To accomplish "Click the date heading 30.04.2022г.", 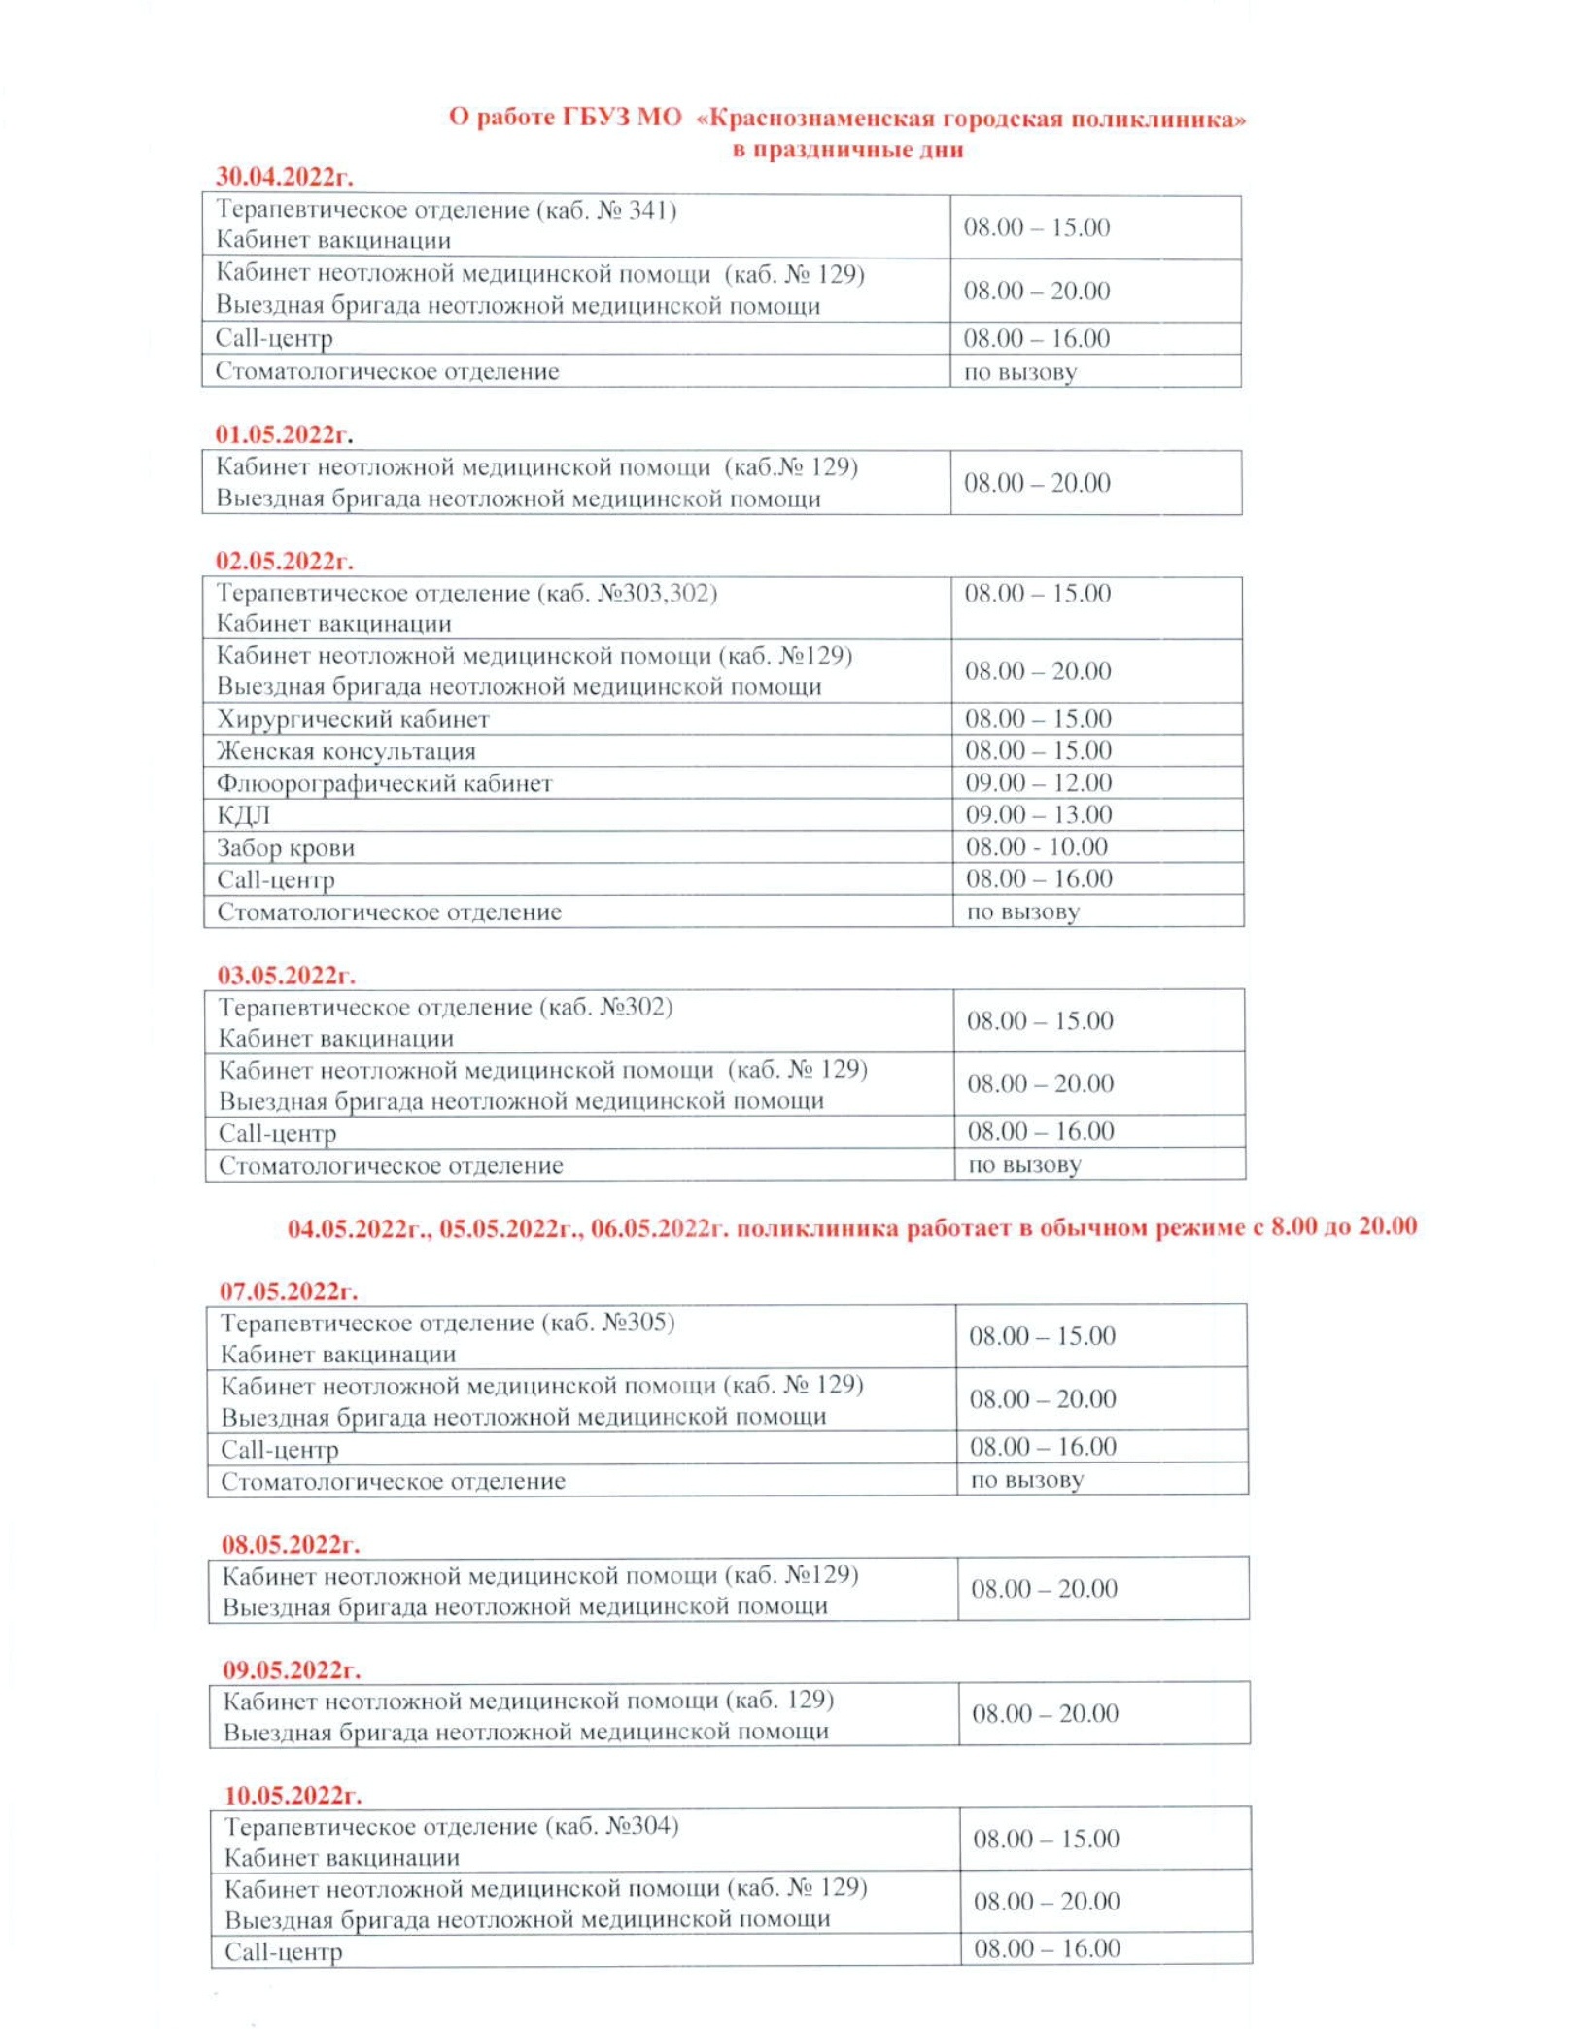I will (284, 177).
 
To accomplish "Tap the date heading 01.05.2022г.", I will (284, 433).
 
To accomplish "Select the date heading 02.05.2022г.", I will (285, 561).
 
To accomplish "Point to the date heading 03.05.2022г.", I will (286, 975).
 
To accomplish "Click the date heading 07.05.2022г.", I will (288, 1290).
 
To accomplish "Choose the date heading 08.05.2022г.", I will (290, 1544).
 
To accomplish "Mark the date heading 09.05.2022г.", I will (291, 1669).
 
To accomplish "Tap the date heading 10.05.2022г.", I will (293, 1795).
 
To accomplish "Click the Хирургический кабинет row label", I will (353, 719).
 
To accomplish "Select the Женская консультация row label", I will (346, 751).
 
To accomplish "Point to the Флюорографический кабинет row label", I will (384, 783).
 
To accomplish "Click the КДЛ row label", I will (243, 815).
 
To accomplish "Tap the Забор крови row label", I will (286, 847).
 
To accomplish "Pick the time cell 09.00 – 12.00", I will (1038, 782).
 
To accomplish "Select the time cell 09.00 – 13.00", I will (1038, 814).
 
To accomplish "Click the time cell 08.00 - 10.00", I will (1036, 846).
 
